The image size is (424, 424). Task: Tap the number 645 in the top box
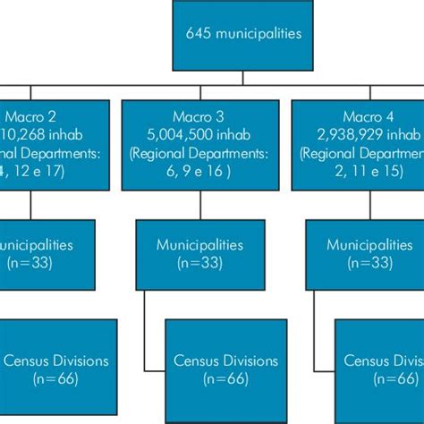pyautogui.click(x=198, y=34)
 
